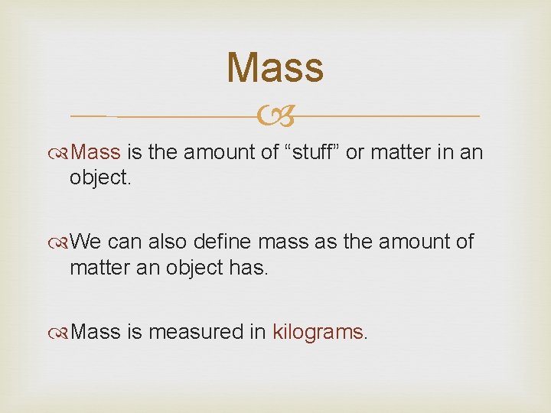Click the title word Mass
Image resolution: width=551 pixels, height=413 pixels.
(x=275, y=67)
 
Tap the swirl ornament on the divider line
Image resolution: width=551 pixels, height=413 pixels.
(x=275, y=117)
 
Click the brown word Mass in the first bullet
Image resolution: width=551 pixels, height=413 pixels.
(x=99, y=153)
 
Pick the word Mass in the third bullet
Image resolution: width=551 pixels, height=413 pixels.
(x=99, y=332)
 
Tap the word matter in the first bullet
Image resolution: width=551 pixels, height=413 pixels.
(x=396, y=153)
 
